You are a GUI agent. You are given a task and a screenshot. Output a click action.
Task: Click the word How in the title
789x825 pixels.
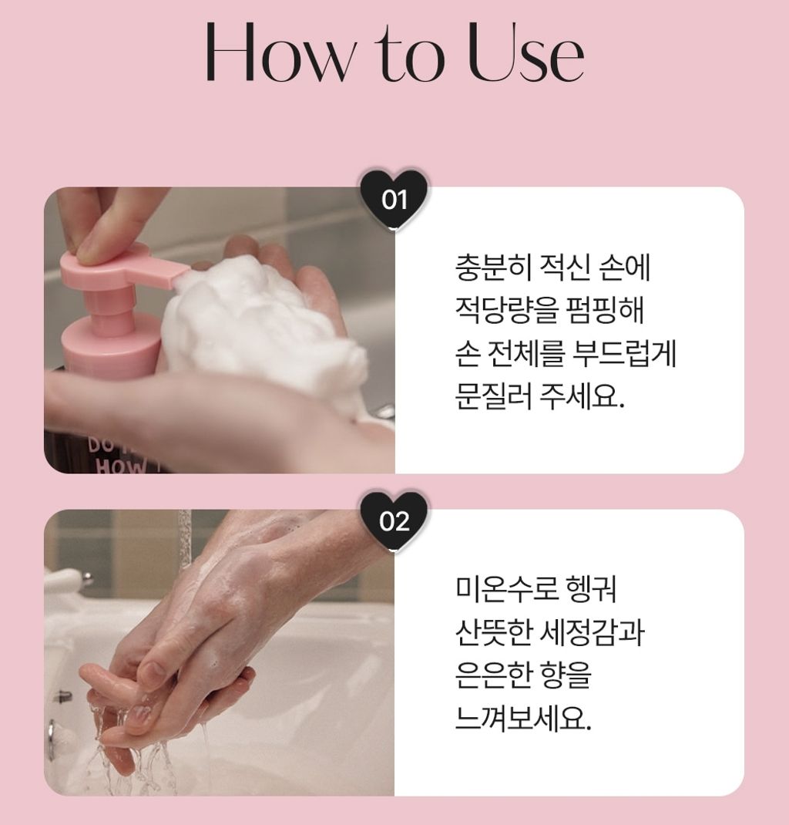282,52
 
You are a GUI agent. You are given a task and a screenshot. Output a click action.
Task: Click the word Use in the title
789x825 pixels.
525,52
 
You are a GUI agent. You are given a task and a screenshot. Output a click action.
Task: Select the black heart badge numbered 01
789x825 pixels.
394,198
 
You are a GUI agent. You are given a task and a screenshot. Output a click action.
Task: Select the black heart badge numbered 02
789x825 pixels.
394,521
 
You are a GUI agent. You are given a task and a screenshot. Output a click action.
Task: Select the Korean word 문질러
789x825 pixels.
494,396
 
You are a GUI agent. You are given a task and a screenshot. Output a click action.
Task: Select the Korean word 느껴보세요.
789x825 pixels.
523,718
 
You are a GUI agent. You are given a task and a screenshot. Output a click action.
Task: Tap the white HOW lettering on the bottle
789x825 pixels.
121,465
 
